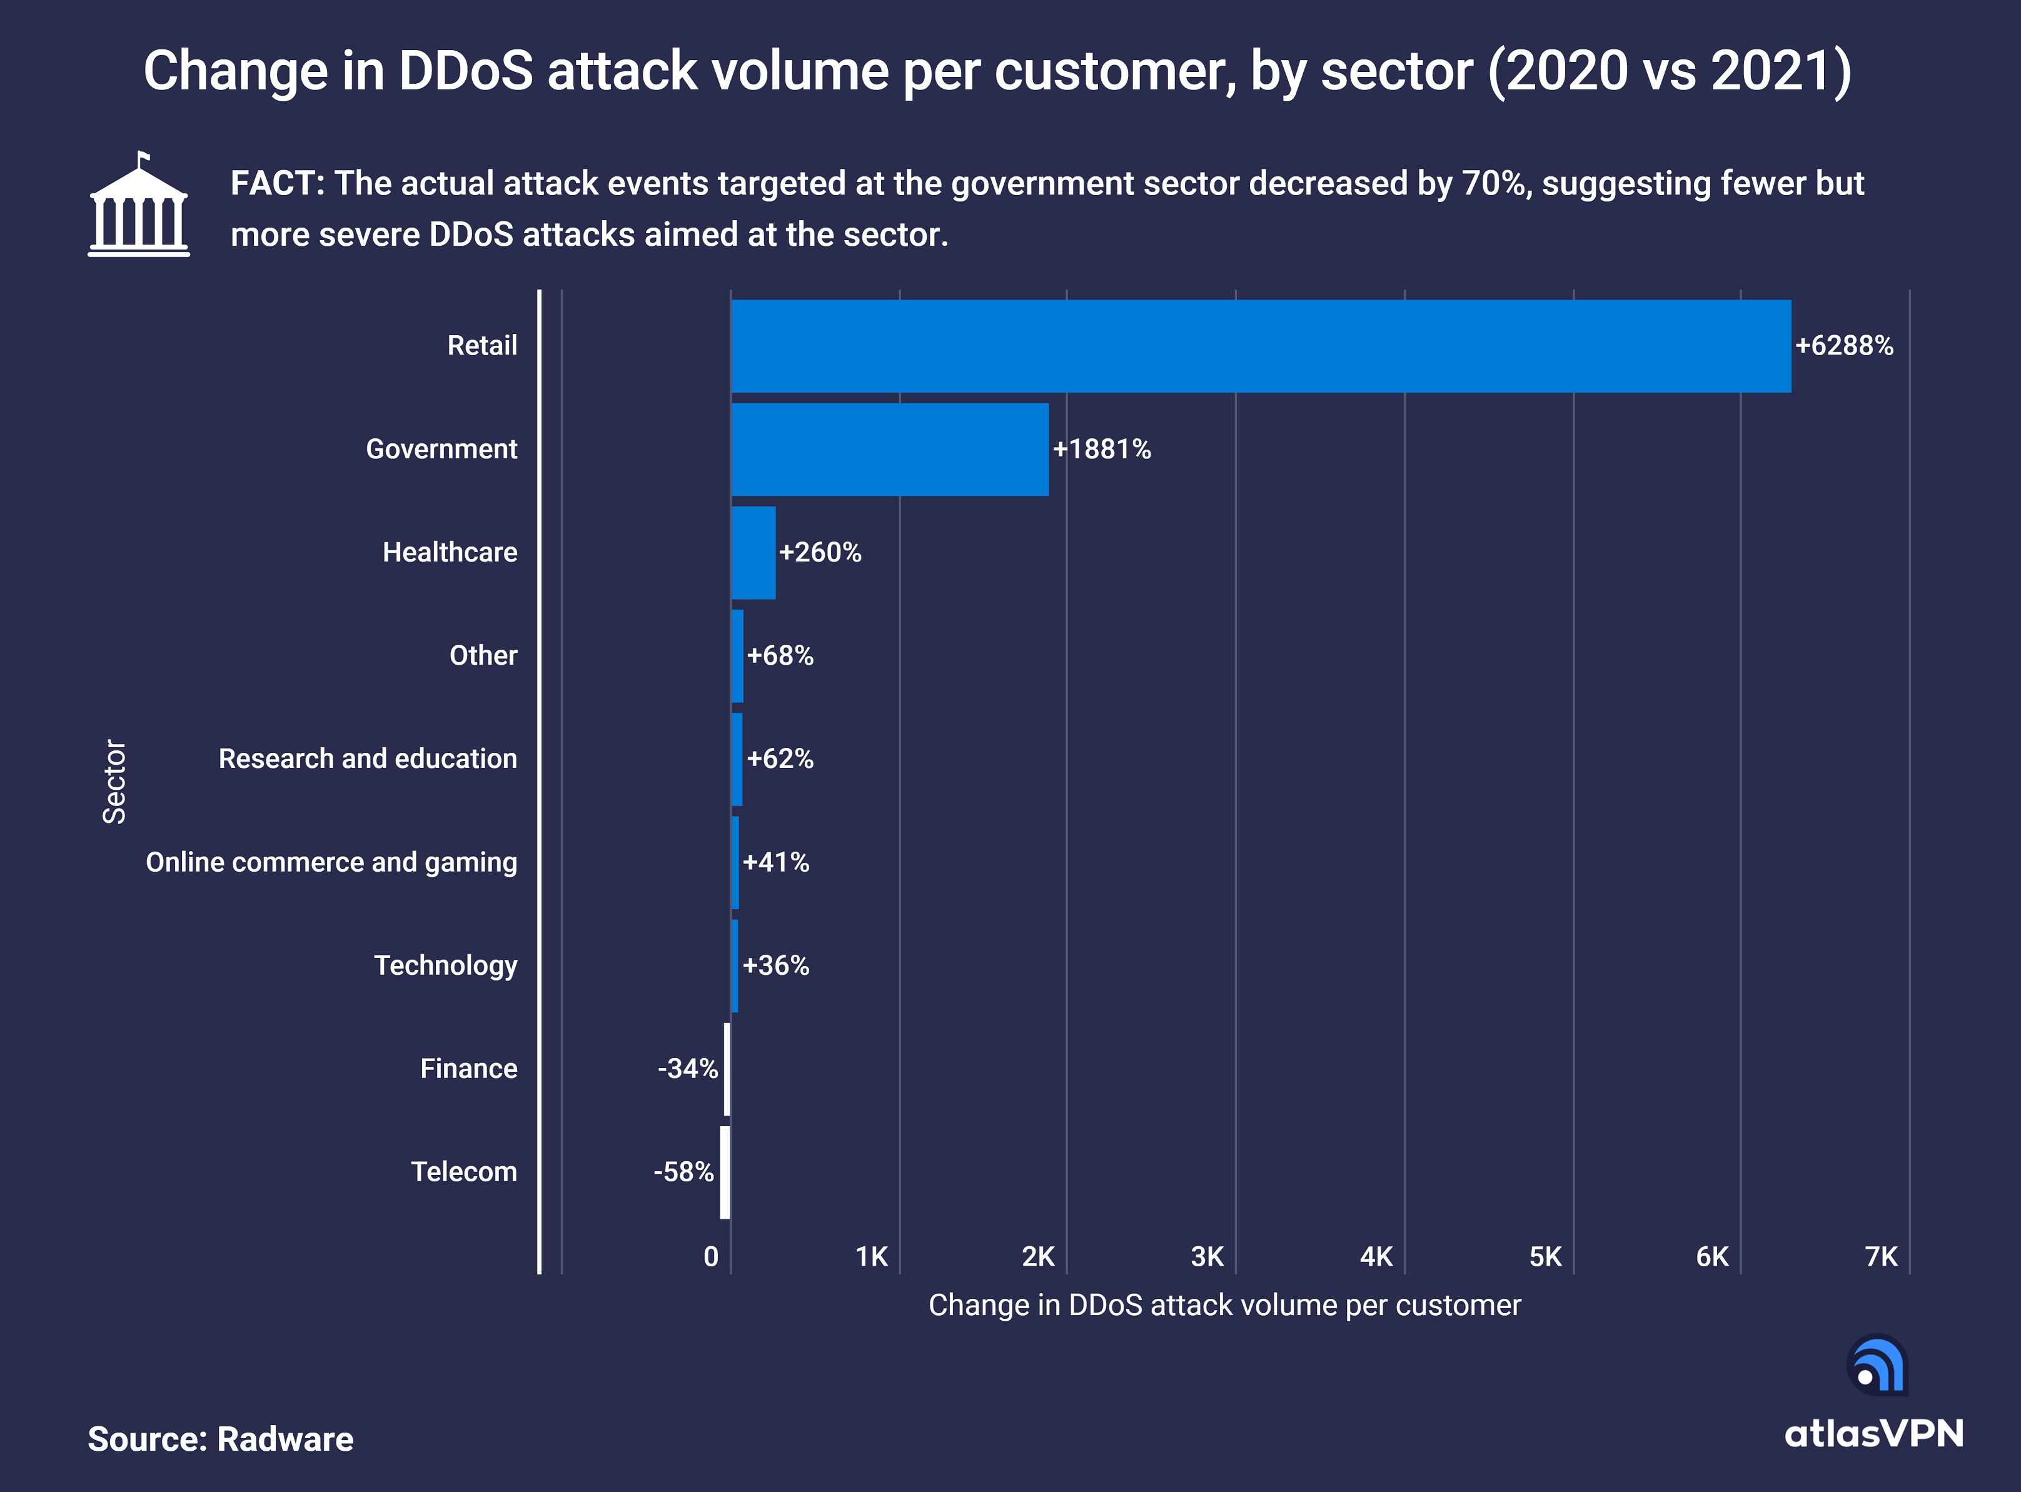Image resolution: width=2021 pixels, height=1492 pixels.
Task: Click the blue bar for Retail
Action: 1261,346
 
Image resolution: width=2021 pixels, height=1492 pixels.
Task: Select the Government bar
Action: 889,449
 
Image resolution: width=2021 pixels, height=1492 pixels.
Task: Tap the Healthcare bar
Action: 753,552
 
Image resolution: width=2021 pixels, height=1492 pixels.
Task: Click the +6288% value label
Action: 1844,346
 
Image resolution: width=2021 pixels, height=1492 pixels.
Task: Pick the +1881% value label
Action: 1102,449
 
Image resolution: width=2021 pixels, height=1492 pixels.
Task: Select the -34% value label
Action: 687,1069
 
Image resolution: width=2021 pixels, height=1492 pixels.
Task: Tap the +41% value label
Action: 776,862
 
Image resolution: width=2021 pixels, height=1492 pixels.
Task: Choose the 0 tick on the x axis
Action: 711,1256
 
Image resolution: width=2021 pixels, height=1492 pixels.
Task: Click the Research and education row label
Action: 368,759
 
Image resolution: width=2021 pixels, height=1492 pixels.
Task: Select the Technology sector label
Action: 445,965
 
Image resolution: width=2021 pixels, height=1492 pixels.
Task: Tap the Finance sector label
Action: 469,1069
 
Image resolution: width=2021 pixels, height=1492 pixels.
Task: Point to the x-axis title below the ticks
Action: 1224,1305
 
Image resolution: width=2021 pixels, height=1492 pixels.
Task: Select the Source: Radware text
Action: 220,1439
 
